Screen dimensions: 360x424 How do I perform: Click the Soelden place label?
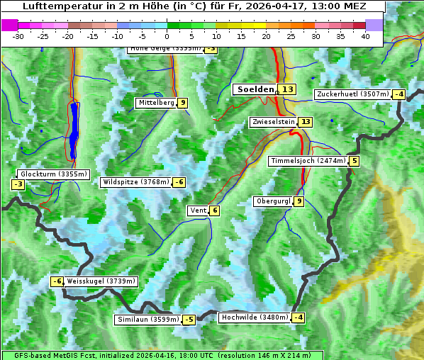pyautogui.click(x=255, y=89)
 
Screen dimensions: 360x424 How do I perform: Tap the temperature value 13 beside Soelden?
pyautogui.click(x=287, y=89)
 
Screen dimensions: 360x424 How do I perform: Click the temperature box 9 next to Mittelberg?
pyautogui.click(x=183, y=103)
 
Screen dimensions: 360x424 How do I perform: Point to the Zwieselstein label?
pyautogui.click(x=273, y=122)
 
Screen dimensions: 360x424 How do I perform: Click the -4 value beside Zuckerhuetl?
pyautogui.click(x=399, y=94)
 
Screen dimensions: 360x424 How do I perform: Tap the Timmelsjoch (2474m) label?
pyautogui.click(x=308, y=161)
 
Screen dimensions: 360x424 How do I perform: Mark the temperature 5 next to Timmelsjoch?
pyautogui.click(x=354, y=161)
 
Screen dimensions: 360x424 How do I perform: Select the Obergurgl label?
pyautogui.click(x=273, y=201)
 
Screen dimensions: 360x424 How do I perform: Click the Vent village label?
pyautogui.click(x=198, y=210)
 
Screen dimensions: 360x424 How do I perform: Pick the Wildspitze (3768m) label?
pyautogui.click(x=136, y=182)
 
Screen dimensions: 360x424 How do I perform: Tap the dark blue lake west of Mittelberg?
pyautogui.click(x=74, y=131)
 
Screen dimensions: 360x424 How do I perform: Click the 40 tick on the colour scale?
pyautogui.click(x=365, y=36)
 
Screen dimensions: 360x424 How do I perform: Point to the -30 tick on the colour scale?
pyautogui.click(x=18, y=36)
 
